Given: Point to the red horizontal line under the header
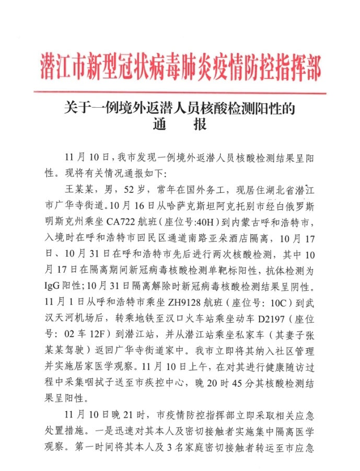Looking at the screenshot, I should (x=180, y=93).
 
